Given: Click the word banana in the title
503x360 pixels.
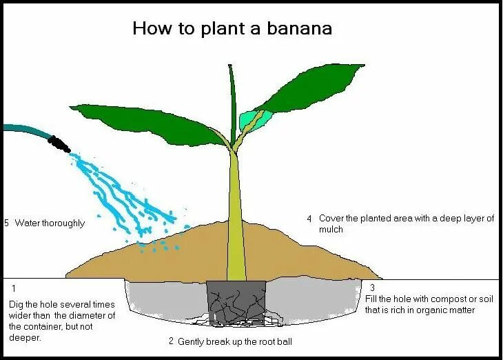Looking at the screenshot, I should [302, 30].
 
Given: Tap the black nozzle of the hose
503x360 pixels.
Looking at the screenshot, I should [59, 143].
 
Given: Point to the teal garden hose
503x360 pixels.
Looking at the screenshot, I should [24, 131].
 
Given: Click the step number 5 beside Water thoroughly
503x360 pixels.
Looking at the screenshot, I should [6, 223].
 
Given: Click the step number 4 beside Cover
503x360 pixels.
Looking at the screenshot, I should [309, 219].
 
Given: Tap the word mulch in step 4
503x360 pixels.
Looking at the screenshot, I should [331, 230].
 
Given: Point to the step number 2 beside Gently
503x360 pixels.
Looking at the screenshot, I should [171, 341].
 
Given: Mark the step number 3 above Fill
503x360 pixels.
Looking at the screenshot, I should [371, 287].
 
